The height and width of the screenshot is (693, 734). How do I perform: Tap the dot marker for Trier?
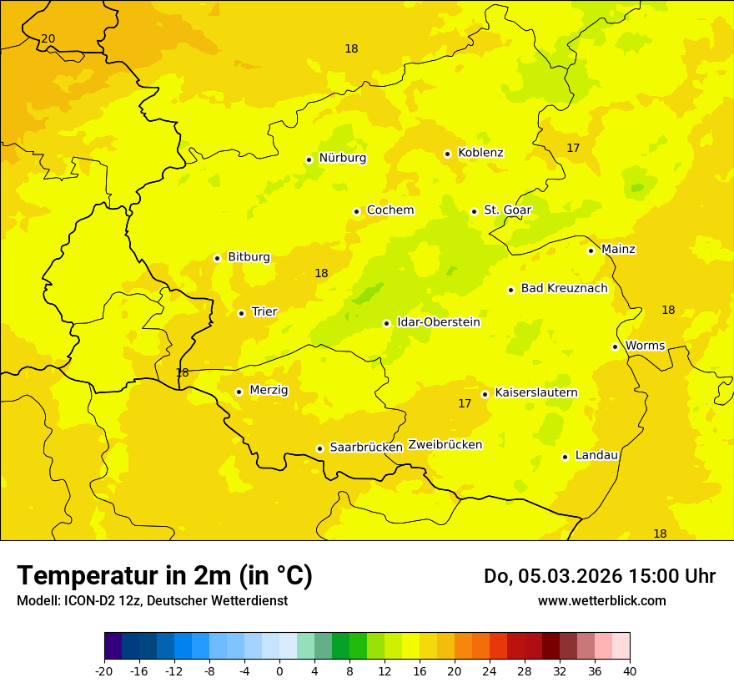(241, 313)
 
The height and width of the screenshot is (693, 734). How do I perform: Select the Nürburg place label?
(342, 158)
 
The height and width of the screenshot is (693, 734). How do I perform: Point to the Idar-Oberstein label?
(439, 322)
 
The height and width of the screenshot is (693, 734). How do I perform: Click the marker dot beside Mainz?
(591, 250)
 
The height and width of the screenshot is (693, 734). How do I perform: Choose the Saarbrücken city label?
(366, 448)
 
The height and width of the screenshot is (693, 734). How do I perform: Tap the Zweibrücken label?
(445, 445)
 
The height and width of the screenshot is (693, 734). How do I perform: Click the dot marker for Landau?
(565, 457)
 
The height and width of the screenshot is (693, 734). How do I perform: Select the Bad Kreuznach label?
(564, 288)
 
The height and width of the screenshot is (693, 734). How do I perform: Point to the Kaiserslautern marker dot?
(485, 394)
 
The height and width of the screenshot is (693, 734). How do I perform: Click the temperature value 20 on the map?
(48, 39)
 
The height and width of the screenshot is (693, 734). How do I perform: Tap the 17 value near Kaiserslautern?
(465, 404)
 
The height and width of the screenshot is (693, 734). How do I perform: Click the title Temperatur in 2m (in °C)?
(164, 576)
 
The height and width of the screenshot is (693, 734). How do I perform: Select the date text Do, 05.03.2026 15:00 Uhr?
(600, 576)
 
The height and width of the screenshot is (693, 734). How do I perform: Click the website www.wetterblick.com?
(601, 601)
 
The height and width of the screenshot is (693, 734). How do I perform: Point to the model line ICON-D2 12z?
(152, 601)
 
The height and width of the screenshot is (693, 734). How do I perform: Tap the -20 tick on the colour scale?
(104, 671)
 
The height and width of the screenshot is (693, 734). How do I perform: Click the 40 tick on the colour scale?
(630, 671)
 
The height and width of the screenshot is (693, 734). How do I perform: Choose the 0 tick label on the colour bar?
(279, 671)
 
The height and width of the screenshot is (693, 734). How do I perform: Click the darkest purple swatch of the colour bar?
(113, 646)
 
